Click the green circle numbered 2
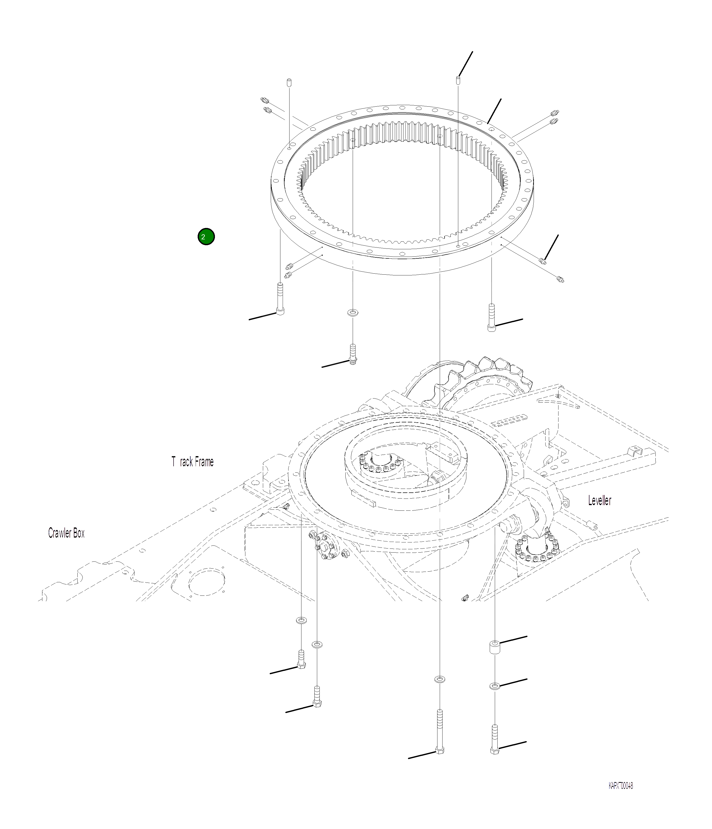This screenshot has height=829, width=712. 206,237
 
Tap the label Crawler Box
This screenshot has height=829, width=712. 66,533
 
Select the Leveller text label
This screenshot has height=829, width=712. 599,501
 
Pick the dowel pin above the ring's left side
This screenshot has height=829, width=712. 289,82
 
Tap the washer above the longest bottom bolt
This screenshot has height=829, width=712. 439,679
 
